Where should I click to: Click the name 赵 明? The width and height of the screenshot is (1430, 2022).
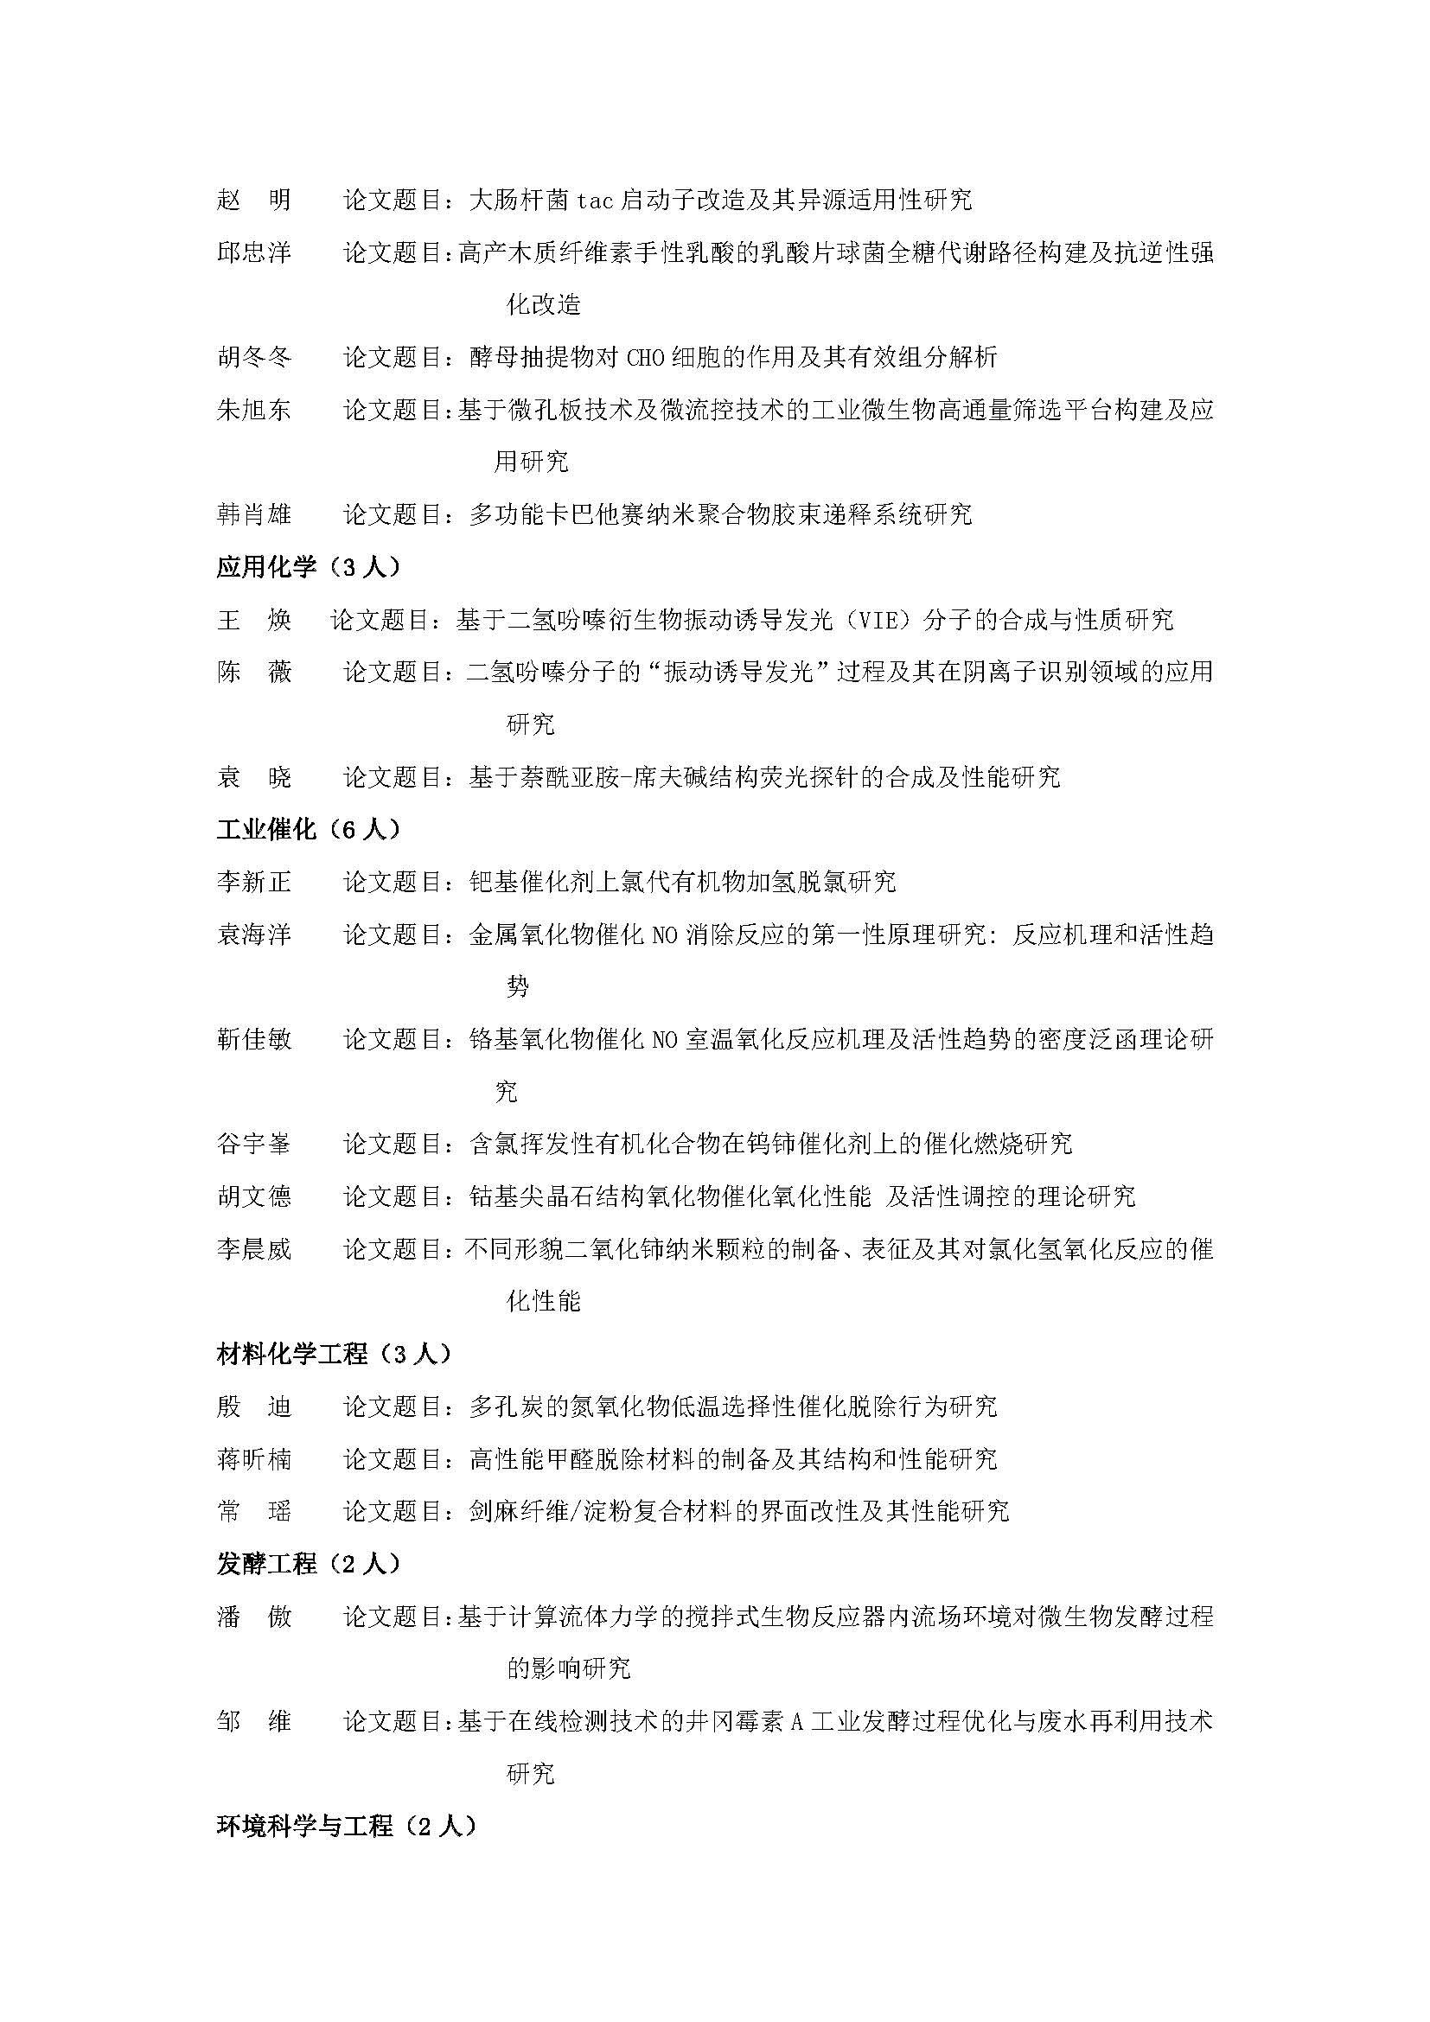(x=253, y=200)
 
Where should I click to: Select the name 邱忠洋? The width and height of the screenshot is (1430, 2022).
(x=253, y=252)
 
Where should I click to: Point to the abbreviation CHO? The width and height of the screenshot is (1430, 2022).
(x=648, y=358)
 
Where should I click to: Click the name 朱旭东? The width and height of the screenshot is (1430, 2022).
(x=253, y=410)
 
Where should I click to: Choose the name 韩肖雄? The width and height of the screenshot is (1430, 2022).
(x=253, y=514)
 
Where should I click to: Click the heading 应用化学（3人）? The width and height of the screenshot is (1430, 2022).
(x=309, y=567)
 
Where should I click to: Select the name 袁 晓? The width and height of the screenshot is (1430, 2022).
(x=253, y=777)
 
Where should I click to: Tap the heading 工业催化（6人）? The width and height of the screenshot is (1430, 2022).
(x=309, y=829)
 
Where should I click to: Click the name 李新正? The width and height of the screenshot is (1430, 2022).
(x=253, y=882)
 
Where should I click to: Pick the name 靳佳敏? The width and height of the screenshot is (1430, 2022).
(x=253, y=1039)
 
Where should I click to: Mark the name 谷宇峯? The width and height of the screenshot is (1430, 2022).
(x=253, y=1144)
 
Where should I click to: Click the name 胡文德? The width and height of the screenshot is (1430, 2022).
(x=253, y=1196)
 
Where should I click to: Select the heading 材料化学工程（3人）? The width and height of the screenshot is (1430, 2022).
(x=335, y=1354)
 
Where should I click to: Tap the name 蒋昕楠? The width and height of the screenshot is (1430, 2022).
(x=253, y=1459)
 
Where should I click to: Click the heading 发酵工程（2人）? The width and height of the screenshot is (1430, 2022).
(x=309, y=1564)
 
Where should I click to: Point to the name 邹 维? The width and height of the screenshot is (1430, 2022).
(x=253, y=1721)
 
